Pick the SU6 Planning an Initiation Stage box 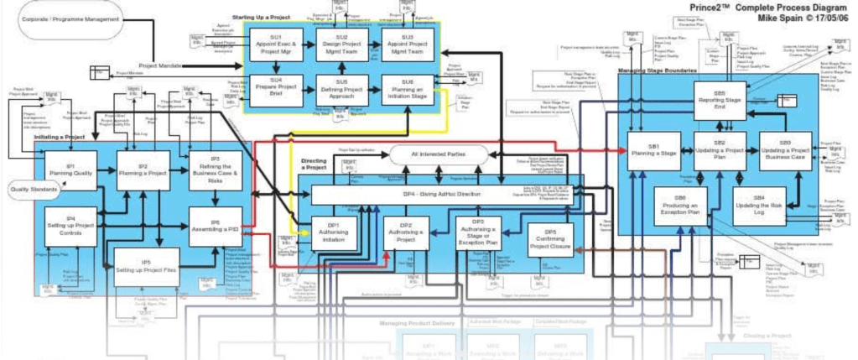point(408,90)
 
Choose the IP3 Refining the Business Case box point(215,168)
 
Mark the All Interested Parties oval point(439,155)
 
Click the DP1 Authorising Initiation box point(333,232)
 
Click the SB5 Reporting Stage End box point(719,102)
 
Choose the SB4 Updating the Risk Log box point(759,206)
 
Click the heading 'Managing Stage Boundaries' point(657,72)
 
